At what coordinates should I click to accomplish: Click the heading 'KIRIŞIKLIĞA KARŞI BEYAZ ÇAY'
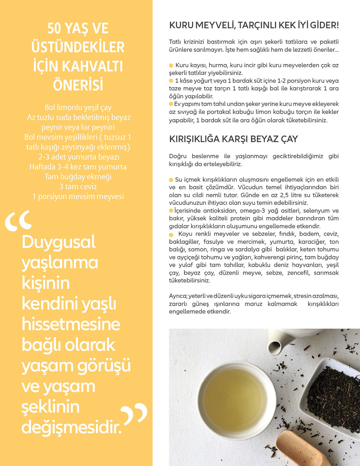233,139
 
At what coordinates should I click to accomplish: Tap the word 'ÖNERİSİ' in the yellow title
78,85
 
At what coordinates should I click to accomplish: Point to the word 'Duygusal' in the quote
59,242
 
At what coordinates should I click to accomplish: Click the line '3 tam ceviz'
78,186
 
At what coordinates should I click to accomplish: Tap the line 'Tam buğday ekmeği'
78,176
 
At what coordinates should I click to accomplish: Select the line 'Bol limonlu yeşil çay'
78,107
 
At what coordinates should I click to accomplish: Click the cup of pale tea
235,399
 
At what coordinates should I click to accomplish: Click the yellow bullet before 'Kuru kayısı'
171,65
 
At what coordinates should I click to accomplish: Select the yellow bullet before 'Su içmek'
171,180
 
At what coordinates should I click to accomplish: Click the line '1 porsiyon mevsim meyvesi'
78,196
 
